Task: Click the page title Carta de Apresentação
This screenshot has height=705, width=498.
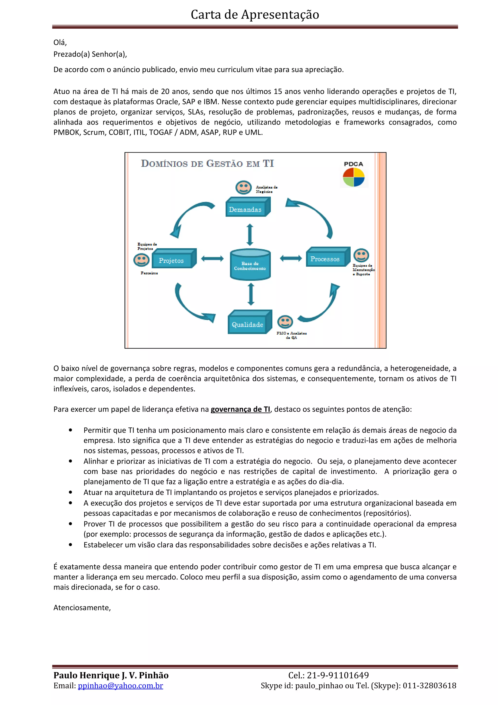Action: [255, 14]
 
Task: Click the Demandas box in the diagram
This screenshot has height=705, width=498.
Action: [247, 208]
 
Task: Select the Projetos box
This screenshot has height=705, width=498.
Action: [173, 259]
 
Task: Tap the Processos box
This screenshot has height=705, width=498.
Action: [327, 257]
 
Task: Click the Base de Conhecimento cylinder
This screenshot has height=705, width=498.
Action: [250, 265]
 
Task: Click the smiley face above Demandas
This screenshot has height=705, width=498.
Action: [243, 187]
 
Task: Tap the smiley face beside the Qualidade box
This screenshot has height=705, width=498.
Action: [285, 322]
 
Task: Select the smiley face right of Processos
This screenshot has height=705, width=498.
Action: [361, 255]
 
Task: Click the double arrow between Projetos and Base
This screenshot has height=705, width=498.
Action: [212, 259]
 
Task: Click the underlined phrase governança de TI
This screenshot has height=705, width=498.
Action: [240, 409]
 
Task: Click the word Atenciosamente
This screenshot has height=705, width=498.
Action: [82, 608]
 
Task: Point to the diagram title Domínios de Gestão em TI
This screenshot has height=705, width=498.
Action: [207, 163]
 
